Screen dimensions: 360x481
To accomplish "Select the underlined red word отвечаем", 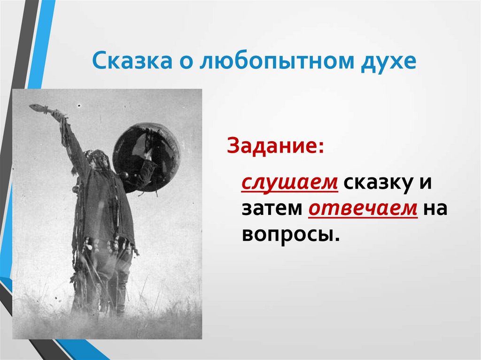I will click(x=363, y=208).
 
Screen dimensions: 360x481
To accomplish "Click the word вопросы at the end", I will click(x=290, y=234).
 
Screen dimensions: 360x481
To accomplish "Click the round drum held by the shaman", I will click(x=146, y=157).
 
